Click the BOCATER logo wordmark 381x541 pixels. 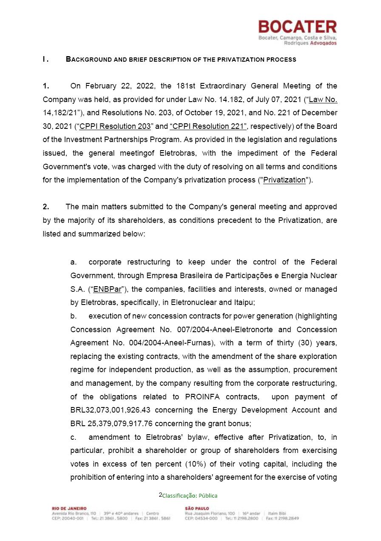tap(297, 27)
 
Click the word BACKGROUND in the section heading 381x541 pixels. tap(87, 60)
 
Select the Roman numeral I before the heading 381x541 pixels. tap(45, 60)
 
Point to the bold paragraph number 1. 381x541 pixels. tap(45, 86)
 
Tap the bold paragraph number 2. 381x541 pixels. tap(45, 207)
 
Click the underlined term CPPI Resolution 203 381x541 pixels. tap(115, 126)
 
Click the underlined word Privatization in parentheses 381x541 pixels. tap(284, 180)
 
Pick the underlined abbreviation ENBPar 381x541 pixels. tap(107, 289)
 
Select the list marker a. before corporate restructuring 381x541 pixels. tap(74, 262)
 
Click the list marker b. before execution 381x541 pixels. tap(74, 316)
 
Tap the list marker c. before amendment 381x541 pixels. tap(74, 437)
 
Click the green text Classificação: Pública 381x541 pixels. tap(190, 495)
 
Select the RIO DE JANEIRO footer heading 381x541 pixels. tap(69, 508)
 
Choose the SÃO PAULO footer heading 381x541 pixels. tap(197, 508)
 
